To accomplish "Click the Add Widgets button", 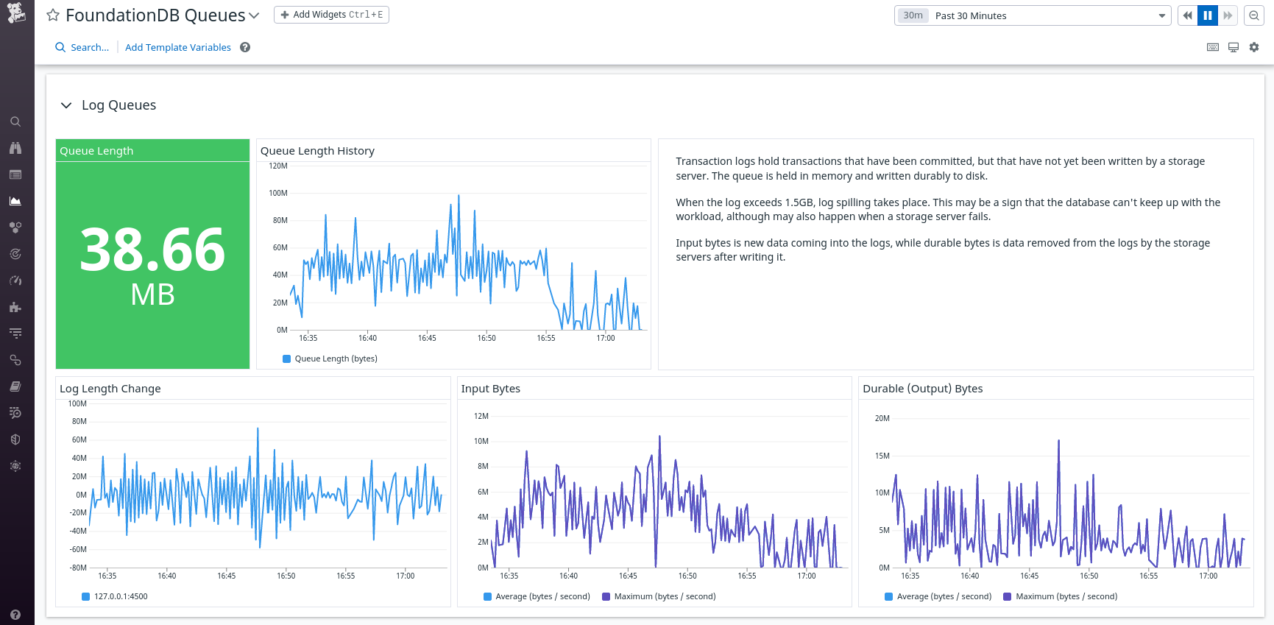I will (331, 15).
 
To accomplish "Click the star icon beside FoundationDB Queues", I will (53, 15).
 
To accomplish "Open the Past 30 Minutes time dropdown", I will (1032, 15).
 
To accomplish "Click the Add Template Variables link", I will (177, 47).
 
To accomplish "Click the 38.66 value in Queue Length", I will (152, 250).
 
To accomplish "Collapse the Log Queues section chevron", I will (66, 105).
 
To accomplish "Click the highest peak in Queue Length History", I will (459, 196).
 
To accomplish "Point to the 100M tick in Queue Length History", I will (278, 193).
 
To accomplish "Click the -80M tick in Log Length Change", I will (78, 568).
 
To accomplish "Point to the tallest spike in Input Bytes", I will (659, 437).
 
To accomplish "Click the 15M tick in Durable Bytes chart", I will (882, 456).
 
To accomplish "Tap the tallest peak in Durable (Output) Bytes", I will (1058, 441).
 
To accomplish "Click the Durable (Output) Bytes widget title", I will (922, 389).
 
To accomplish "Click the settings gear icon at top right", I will (1254, 47).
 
